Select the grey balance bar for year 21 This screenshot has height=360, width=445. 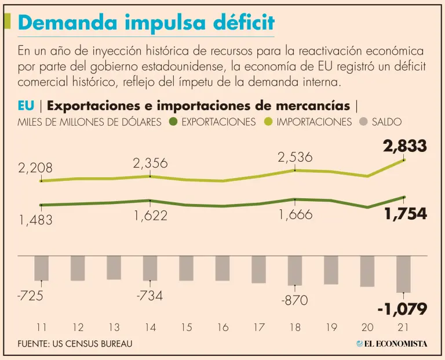[403, 274]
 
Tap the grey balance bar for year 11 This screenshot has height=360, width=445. [41, 268]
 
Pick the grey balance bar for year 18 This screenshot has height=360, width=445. [295, 270]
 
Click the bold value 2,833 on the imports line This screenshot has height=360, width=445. [404, 146]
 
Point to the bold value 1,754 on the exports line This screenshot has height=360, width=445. [406, 214]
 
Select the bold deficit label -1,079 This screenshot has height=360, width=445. [402, 309]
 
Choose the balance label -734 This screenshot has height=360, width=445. [149, 296]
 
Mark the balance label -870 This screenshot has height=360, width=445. [295, 300]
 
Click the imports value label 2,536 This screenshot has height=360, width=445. [295, 157]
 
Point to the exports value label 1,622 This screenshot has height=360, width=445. [150, 216]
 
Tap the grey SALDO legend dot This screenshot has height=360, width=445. [363, 122]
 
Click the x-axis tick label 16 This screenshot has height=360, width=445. [222, 328]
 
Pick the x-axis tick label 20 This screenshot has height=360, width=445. [367, 328]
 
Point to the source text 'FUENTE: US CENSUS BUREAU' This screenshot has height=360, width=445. [75, 344]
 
